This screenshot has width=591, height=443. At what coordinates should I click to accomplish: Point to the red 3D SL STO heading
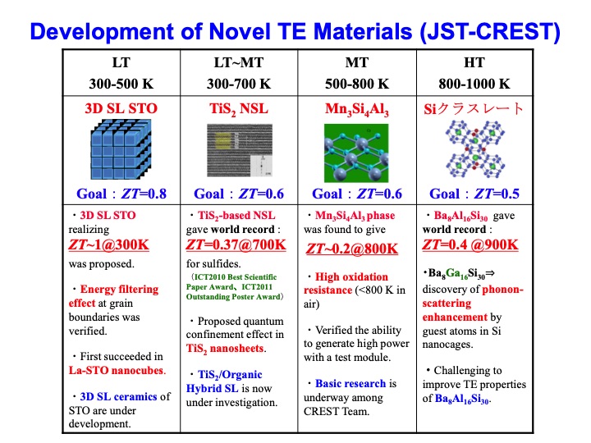(x=121, y=107)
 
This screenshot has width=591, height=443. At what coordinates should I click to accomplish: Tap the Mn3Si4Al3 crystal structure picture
(x=356, y=154)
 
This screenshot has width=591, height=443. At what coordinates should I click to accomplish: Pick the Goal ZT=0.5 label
(x=474, y=194)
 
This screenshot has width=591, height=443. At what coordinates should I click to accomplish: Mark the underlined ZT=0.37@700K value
(x=236, y=245)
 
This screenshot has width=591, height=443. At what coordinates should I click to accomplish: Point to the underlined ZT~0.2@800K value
(x=352, y=249)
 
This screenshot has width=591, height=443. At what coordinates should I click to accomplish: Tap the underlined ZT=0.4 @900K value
(x=470, y=245)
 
